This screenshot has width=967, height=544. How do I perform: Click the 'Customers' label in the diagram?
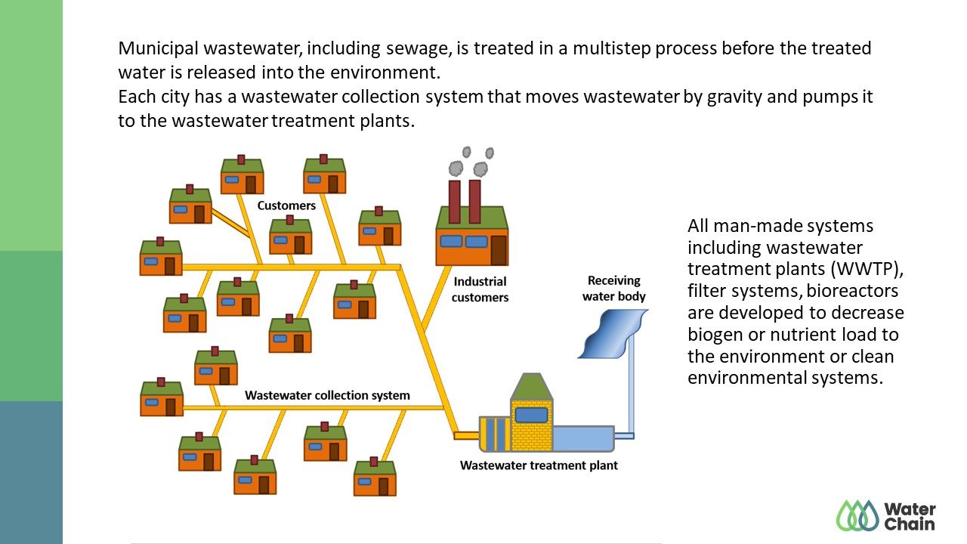pos(286,206)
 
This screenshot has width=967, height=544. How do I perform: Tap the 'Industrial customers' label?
pos(480,289)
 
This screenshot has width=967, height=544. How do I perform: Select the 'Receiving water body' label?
pos(614,289)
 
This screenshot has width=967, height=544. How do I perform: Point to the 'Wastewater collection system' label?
pos(327,395)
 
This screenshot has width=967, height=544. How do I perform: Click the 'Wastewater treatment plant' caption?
pos(539,465)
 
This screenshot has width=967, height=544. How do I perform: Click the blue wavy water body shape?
pos(613,334)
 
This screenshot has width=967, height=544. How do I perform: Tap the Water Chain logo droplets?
pos(857,515)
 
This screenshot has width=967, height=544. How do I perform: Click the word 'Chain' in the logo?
pos(910,524)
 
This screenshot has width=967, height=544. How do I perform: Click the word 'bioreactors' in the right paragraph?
pos(852,291)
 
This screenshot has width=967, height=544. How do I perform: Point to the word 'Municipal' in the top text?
pos(159,49)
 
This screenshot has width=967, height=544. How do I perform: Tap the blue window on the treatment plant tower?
pos(531,415)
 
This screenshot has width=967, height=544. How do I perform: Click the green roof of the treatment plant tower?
pos(531,387)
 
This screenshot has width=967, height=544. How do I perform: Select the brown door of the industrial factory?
pos(499,250)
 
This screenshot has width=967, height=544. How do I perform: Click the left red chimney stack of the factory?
pos(455,202)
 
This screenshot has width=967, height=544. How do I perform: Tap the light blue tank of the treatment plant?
pos(583,439)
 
